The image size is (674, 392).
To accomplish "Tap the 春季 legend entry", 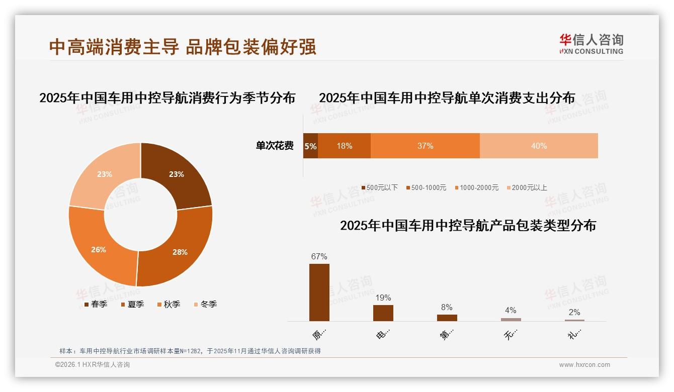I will pos(96,304).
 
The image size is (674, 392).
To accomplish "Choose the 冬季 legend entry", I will pos(205,304).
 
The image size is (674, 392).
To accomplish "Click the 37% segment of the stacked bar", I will pos(425,146).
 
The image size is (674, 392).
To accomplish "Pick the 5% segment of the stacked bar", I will pos(310,146).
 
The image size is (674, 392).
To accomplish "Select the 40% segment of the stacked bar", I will pos(539,146).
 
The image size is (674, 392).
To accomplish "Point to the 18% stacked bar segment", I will pos(344,146).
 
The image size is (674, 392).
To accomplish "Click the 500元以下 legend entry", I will pos(379,187).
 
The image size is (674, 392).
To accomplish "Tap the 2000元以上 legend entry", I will pos(526,187).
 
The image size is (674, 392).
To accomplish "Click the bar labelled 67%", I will pos(319,292).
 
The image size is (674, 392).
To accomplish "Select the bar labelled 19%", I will pos(383,313).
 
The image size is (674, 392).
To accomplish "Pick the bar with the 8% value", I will pos(447,318).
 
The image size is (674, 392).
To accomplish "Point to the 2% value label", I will pos(574,312).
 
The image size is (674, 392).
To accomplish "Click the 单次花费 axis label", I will pos(275,146).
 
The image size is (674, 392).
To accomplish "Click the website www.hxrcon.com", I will pos(584,365).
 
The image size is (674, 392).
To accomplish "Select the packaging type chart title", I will pos(468,226).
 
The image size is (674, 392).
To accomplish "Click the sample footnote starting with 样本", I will pos(190,351).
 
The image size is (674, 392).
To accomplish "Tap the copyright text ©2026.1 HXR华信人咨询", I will pos(93,365).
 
